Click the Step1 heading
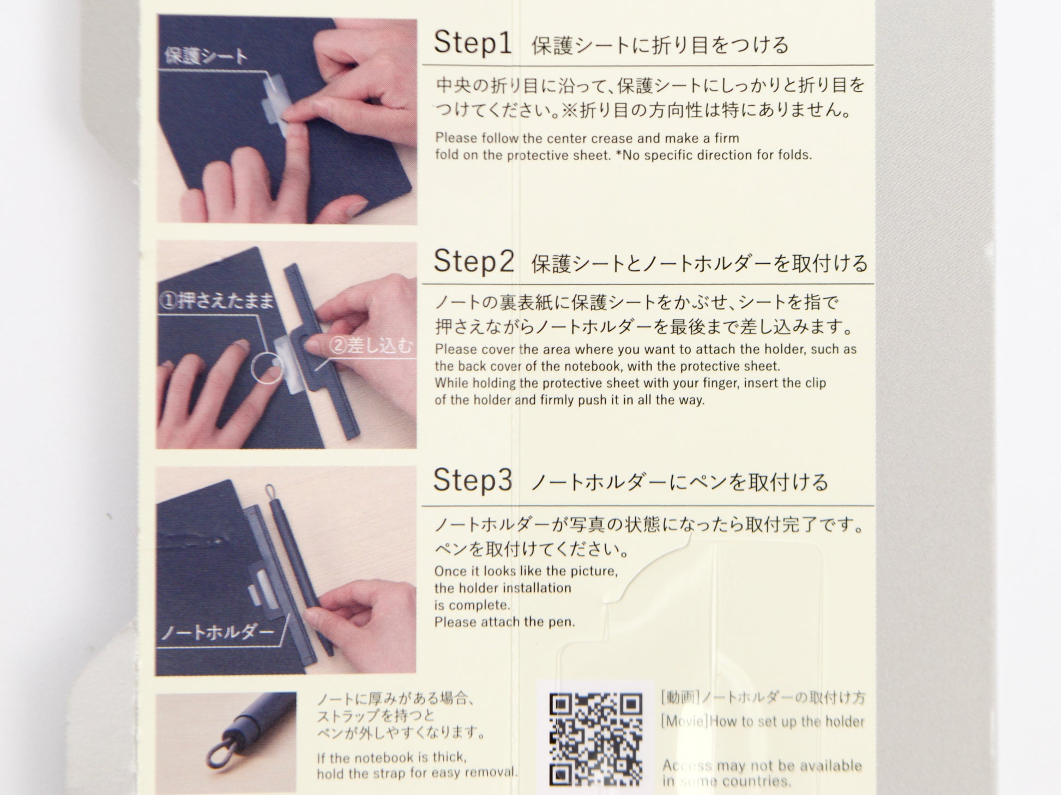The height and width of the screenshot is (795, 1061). tap(473, 43)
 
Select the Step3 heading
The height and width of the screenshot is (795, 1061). tap(473, 480)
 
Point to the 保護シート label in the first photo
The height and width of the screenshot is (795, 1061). tap(206, 56)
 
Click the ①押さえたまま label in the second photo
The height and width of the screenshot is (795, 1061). tap(216, 301)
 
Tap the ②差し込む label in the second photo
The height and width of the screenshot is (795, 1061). tap(371, 346)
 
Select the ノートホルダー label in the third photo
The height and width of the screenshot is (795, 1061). tap(216, 632)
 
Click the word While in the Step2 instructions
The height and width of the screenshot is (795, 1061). tap(451, 383)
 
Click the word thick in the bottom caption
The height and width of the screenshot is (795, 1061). tap(450, 757)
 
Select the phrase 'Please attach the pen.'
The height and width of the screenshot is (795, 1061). tap(505, 622)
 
